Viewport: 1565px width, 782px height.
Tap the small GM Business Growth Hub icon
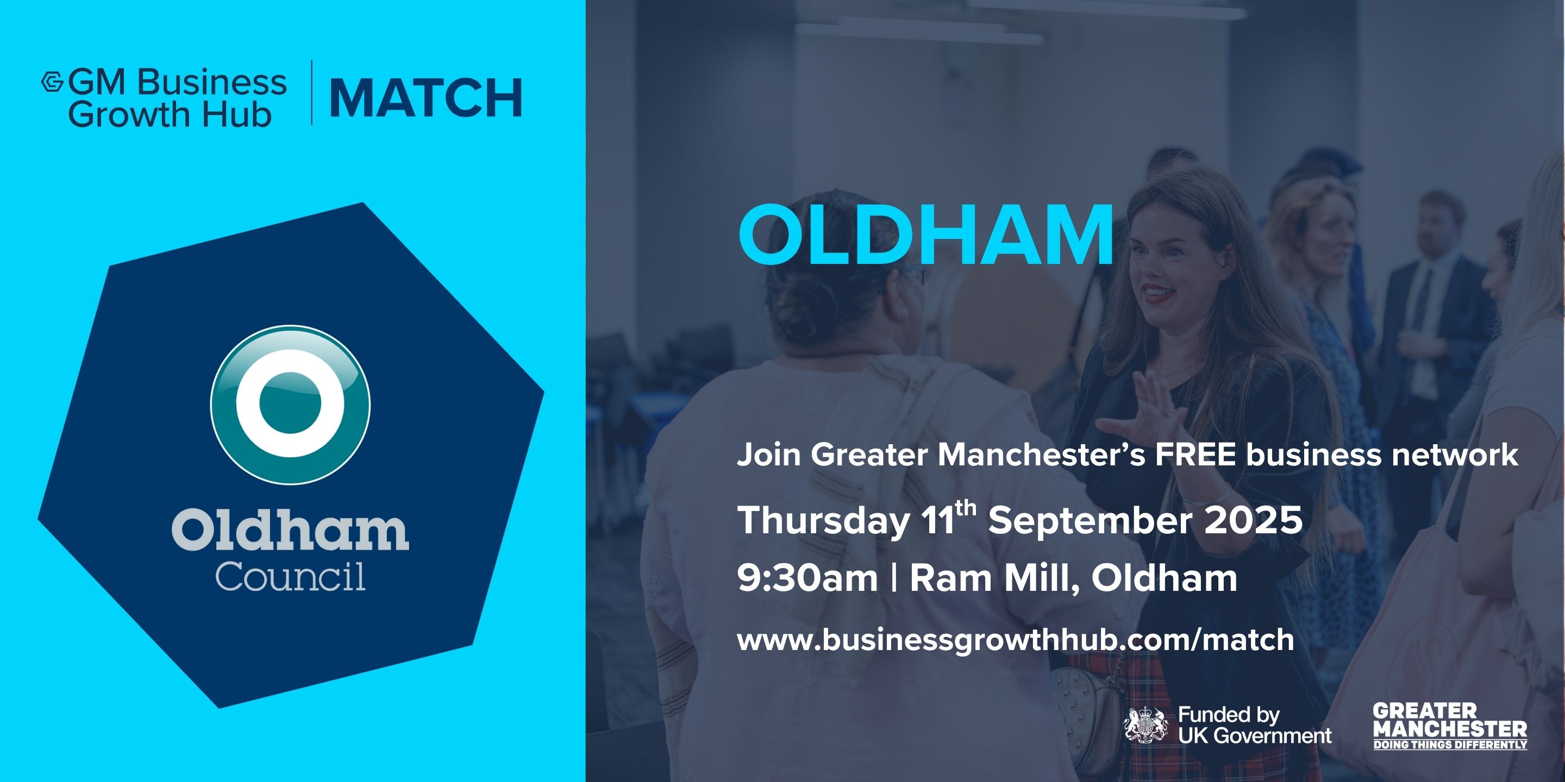(x=52, y=82)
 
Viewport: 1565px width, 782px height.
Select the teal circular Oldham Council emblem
(x=290, y=405)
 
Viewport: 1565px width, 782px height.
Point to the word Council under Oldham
(x=290, y=576)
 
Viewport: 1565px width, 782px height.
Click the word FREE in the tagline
(x=1195, y=454)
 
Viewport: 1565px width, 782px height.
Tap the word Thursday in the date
(x=823, y=521)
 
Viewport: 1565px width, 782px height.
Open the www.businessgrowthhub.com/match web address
(x=1016, y=640)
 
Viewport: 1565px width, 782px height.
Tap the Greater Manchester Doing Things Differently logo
(x=1450, y=726)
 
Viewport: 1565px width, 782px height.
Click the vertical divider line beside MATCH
(x=312, y=92)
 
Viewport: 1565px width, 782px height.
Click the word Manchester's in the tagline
(x=1042, y=454)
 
